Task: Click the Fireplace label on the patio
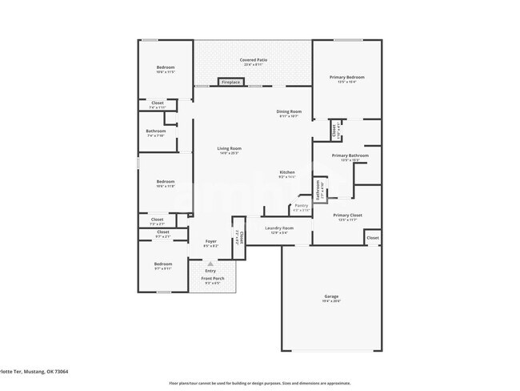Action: [x=232, y=82]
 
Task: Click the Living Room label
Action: [x=229, y=148]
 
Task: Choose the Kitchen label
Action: [x=287, y=172]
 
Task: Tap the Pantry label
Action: [x=301, y=206]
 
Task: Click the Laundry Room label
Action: [x=279, y=228]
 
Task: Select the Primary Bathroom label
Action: [x=350, y=155]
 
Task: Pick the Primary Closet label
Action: [x=348, y=216]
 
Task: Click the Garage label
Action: [x=331, y=296]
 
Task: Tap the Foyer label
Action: [x=211, y=241]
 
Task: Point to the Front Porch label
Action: [x=213, y=278]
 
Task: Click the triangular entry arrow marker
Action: [x=211, y=263]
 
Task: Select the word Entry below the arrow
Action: [x=211, y=271]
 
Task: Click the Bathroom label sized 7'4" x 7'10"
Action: [x=156, y=131]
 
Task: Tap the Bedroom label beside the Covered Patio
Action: [x=165, y=67]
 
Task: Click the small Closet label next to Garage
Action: [x=373, y=238]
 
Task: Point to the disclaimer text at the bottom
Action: [x=259, y=382]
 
